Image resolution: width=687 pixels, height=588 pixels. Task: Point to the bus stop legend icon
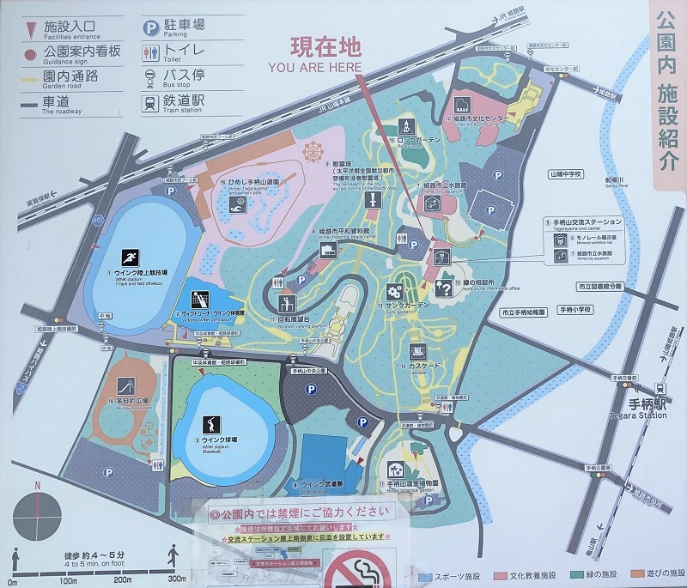click(150, 76)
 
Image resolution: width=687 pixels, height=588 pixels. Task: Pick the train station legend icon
click(150, 102)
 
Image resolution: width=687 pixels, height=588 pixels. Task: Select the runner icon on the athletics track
click(130, 258)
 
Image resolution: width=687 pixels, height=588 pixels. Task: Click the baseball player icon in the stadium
click(210, 424)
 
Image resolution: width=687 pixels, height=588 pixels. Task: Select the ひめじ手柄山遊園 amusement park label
click(256, 183)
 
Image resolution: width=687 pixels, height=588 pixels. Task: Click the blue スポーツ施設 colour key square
click(423, 576)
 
